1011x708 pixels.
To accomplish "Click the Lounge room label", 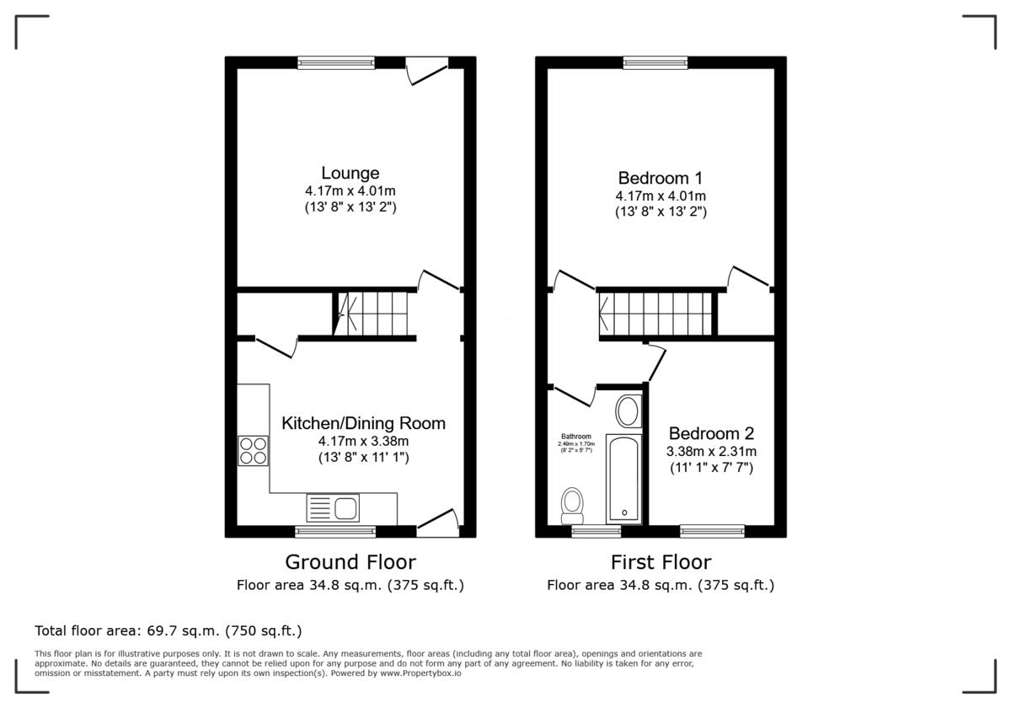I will pyautogui.click(x=350, y=173).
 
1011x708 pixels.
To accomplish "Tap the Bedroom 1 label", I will pyautogui.click(x=660, y=178).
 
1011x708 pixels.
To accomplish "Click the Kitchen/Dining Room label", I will pyautogui.click(x=363, y=423).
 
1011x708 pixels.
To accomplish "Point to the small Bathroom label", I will pyautogui.click(x=576, y=436).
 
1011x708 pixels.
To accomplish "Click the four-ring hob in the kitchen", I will pyautogui.click(x=253, y=451).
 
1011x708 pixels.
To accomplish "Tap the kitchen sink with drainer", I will pyautogui.click(x=334, y=507).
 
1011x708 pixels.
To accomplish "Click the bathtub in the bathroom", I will pyautogui.click(x=623, y=478).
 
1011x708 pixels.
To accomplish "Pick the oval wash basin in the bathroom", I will pyautogui.click(x=627, y=412).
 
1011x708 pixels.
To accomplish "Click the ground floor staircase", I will pyautogui.click(x=372, y=314).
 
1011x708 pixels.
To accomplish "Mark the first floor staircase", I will pyautogui.click(x=657, y=314).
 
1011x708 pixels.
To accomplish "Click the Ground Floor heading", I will pyautogui.click(x=350, y=561).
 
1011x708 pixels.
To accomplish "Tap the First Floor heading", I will pyautogui.click(x=661, y=561).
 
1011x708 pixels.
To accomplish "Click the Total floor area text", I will pyautogui.click(x=168, y=630).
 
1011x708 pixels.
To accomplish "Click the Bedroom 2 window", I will pyautogui.click(x=712, y=531).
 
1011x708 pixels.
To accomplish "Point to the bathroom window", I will pyautogui.click(x=596, y=531).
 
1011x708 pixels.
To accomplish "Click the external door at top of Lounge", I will pyautogui.click(x=425, y=69).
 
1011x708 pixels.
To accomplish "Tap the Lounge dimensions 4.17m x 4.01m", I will pyautogui.click(x=350, y=190).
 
